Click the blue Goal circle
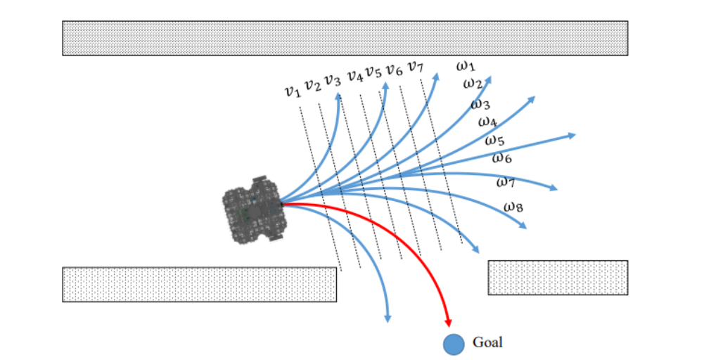point(454,343)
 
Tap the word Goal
point(487,342)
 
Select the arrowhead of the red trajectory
point(448,321)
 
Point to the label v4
point(354,75)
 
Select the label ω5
point(494,140)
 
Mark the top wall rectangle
point(345,38)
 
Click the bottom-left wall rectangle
point(199,284)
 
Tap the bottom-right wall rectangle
point(558,278)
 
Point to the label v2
point(312,85)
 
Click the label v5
point(373,72)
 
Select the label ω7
point(506,182)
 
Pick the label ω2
point(472,84)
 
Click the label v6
point(394,70)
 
